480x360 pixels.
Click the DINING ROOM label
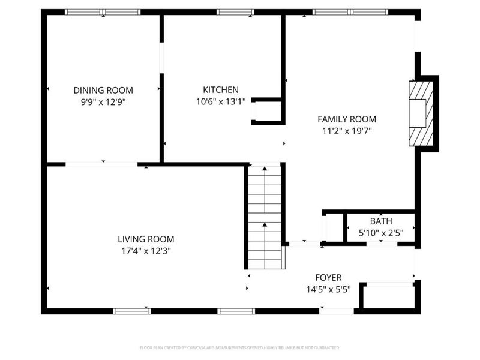point(103,90)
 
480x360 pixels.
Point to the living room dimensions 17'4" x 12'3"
point(146,251)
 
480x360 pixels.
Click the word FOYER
point(328,277)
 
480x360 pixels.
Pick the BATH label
point(380,221)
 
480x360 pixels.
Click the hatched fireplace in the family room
point(420,113)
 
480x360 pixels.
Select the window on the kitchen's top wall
point(235,11)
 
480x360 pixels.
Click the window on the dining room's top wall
point(103,11)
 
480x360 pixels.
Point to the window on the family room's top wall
point(350,11)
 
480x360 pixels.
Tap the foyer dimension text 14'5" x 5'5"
point(328,289)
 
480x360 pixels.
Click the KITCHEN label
point(221,90)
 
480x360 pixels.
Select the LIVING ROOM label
point(146,239)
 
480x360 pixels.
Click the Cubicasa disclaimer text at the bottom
point(240,347)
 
